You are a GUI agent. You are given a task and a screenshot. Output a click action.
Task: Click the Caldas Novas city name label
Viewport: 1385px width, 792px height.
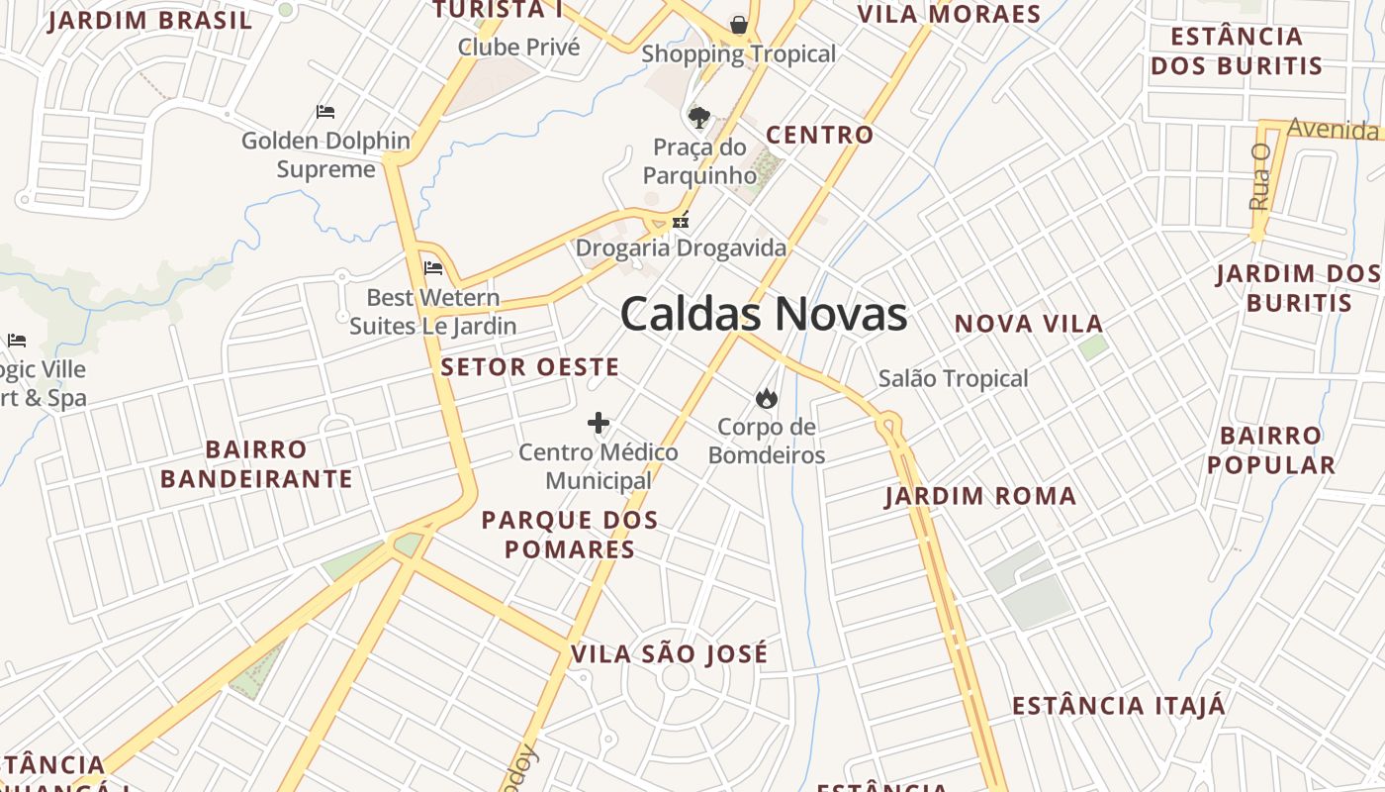pyautogui.click(x=763, y=315)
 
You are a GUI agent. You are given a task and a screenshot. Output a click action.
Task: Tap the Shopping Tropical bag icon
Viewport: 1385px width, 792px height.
pyautogui.click(x=738, y=24)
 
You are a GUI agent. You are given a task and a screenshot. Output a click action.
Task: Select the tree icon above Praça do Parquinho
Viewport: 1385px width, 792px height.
pyautogui.click(x=698, y=118)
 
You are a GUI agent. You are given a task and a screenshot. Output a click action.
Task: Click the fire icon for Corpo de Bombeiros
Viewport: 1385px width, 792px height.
pyautogui.click(x=765, y=399)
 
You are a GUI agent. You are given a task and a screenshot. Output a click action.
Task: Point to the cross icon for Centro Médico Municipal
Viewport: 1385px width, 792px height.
pyautogui.click(x=599, y=424)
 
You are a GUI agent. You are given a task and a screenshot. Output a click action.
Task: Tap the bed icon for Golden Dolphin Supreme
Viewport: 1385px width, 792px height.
pyautogui.click(x=325, y=112)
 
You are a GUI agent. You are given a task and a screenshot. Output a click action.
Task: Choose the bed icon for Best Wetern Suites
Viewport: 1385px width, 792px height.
pyautogui.click(x=433, y=267)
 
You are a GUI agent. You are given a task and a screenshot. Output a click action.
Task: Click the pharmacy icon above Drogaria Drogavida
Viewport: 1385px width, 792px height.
pyautogui.click(x=681, y=221)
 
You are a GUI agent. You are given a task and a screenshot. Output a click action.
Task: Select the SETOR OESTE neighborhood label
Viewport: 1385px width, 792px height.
pyautogui.click(x=530, y=367)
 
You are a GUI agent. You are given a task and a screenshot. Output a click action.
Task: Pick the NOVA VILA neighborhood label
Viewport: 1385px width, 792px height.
pyautogui.click(x=1029, y=324)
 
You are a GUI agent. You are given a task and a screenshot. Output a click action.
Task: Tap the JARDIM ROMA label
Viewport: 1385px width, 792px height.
pyautogui.click(x=980, y=496)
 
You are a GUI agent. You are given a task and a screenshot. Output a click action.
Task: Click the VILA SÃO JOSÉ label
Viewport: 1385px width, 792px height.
pyautogui.click(x=669, y=654)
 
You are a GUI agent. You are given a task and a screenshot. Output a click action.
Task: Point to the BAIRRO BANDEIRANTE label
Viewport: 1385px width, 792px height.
pyautogui.click(x=256, y=464)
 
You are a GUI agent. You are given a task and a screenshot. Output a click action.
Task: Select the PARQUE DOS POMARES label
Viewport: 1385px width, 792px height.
pyautogui.click(x=570, y=535)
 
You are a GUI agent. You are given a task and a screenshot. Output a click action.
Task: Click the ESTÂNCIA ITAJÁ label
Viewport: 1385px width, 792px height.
pyautogui.click(x=1118, y=706)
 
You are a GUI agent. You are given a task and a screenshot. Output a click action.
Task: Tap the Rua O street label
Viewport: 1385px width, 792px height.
pyautogui.click(x=1259, y=177)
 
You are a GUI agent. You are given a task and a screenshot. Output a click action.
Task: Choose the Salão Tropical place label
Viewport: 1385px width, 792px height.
pyautogui.click(x=954, y=378)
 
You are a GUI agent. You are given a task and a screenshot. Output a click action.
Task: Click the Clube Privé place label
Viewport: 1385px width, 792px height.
pyautogui.click(x=518, y=47)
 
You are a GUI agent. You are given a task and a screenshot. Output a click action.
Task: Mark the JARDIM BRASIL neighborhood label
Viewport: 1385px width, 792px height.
pyautogui.click(x=150, y=21)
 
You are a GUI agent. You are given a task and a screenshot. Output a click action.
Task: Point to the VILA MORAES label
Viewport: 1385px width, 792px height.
pyautogui.click(x=949, y=14)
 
